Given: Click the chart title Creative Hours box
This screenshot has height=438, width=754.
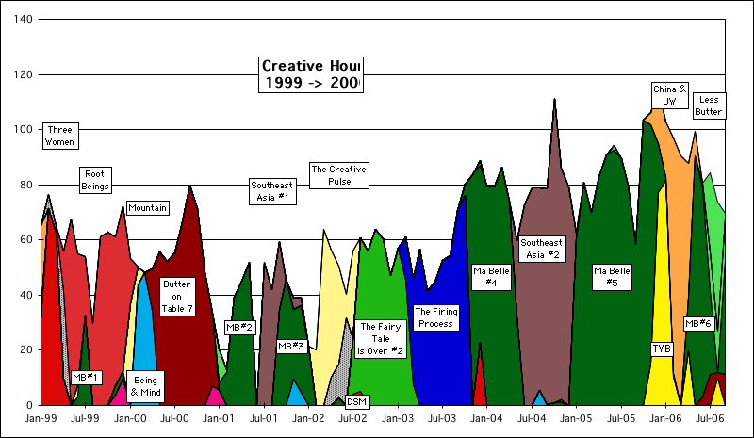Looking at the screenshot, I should (x=311, y=74).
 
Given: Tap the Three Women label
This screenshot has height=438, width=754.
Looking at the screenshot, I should (x=59, y=136).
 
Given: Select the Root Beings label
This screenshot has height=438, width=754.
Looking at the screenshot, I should (x=94, y=180).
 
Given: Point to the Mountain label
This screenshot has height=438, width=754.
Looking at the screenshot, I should (x=147, y=207).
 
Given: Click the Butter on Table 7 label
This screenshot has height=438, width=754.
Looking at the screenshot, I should (x=177, y=296).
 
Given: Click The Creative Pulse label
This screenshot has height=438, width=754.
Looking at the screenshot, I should (x=339, y=175).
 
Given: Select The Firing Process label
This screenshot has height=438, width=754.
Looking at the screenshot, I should (x=434, y=317).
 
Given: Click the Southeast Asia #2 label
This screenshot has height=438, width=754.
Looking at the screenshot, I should (x=541, y=249).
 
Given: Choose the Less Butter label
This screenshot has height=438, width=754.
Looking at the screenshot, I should (x=708, y=105).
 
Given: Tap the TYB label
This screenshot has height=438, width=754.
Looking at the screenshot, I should (x=662, y=349).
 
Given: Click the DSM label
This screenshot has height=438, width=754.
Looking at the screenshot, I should (x=357, y=401).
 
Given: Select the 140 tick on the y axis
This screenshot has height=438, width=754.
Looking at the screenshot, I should (x=22, y=20).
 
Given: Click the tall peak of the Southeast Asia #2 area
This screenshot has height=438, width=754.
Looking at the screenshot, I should (x=555, y=100).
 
